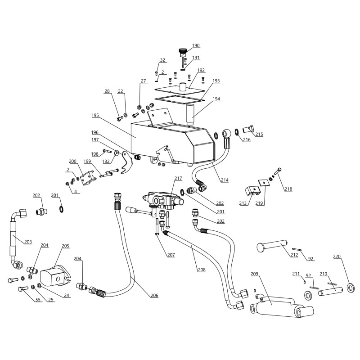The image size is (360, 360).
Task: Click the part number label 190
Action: pos(196,45)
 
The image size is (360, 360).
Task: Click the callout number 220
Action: pos(337,257)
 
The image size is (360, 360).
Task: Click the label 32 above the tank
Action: pos(162,60)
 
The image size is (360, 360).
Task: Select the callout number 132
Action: pos(106,161)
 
